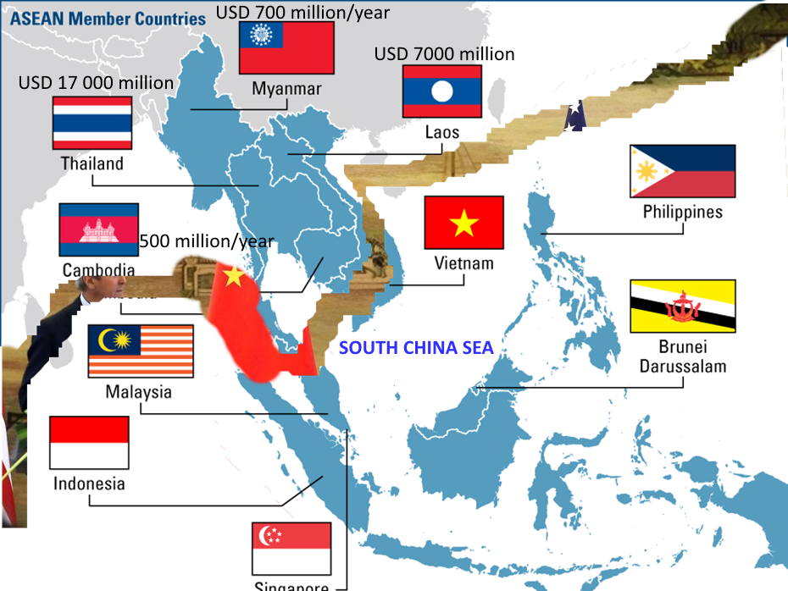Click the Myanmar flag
[286, 47]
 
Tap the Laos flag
[441, 91]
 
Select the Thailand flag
[92, 123]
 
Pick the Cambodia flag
[98, 229]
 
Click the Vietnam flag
[463, 223]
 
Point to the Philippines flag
[682, 171]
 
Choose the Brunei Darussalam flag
[682, 306]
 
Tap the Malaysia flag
[140, 351]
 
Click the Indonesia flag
[89, 442]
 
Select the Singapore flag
[291, 548]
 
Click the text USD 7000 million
[444, 54]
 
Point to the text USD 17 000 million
[96, 83]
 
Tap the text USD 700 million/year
[302, 12]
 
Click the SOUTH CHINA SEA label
[416, 347]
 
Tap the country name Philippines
[682, 211]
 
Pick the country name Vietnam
[463, 263]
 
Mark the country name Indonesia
[89, 483]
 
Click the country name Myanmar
[286, 89]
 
